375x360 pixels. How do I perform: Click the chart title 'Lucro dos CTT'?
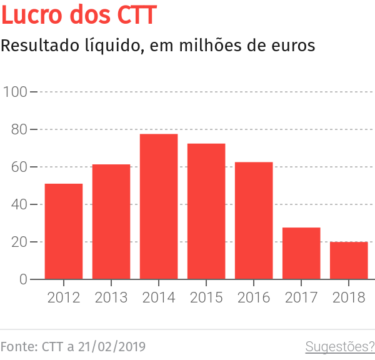(x=78, y=15)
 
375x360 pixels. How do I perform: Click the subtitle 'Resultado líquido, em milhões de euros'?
(x=157, y=46)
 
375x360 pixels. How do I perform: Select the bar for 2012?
(x=64, y=231)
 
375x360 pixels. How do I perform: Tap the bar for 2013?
(x=111, y=222)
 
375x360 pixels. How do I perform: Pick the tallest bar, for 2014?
(x=159, y=206)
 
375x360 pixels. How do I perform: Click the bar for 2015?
(x=206, y=211)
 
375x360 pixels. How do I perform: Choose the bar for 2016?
(x=254, y=221)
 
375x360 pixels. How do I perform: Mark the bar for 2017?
(x=301, y=253)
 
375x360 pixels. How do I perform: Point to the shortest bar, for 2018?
(x=349, y=261)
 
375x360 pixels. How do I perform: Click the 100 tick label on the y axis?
(x=15, y=92)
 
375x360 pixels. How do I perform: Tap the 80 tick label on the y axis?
(x=19, y=129)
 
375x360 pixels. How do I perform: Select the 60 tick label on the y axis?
(x=19, y=167)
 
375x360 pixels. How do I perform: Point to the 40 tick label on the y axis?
(x=19, y=204)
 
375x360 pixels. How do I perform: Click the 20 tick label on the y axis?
(x=19, y=242)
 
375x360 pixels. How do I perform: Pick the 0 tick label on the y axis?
(x=23, y=279)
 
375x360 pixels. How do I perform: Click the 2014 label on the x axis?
(x=159, y=297)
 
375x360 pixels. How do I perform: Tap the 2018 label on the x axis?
(x=349, y=297)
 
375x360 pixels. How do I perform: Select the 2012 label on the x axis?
(x=64, y=297)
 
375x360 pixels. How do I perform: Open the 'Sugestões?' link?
(x=339, y=346)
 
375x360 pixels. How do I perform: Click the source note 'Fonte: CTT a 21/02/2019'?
(x=73, y=346)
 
